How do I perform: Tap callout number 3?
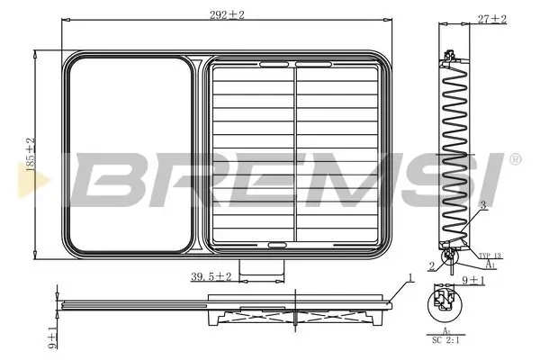483,206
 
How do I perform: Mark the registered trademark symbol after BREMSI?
514,159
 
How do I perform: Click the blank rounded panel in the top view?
130,153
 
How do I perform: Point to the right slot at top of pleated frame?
313,64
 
